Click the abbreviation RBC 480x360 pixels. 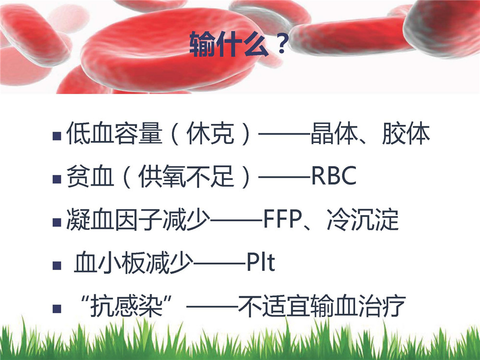tap(334, 176)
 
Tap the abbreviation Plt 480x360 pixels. tap(261, 263)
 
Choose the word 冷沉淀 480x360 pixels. tap(363, 219)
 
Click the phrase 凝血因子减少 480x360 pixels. tap(138, 219)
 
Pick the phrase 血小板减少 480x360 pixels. tap(134, 263)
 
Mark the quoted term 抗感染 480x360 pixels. tap(126, 306)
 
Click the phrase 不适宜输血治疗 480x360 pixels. tap(322, 306)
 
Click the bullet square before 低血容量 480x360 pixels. tap(57, 136)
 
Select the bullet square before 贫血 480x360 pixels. tap(57, 179)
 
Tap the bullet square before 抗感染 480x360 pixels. tap(57, 308)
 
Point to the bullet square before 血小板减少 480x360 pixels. tap(57, 265)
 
